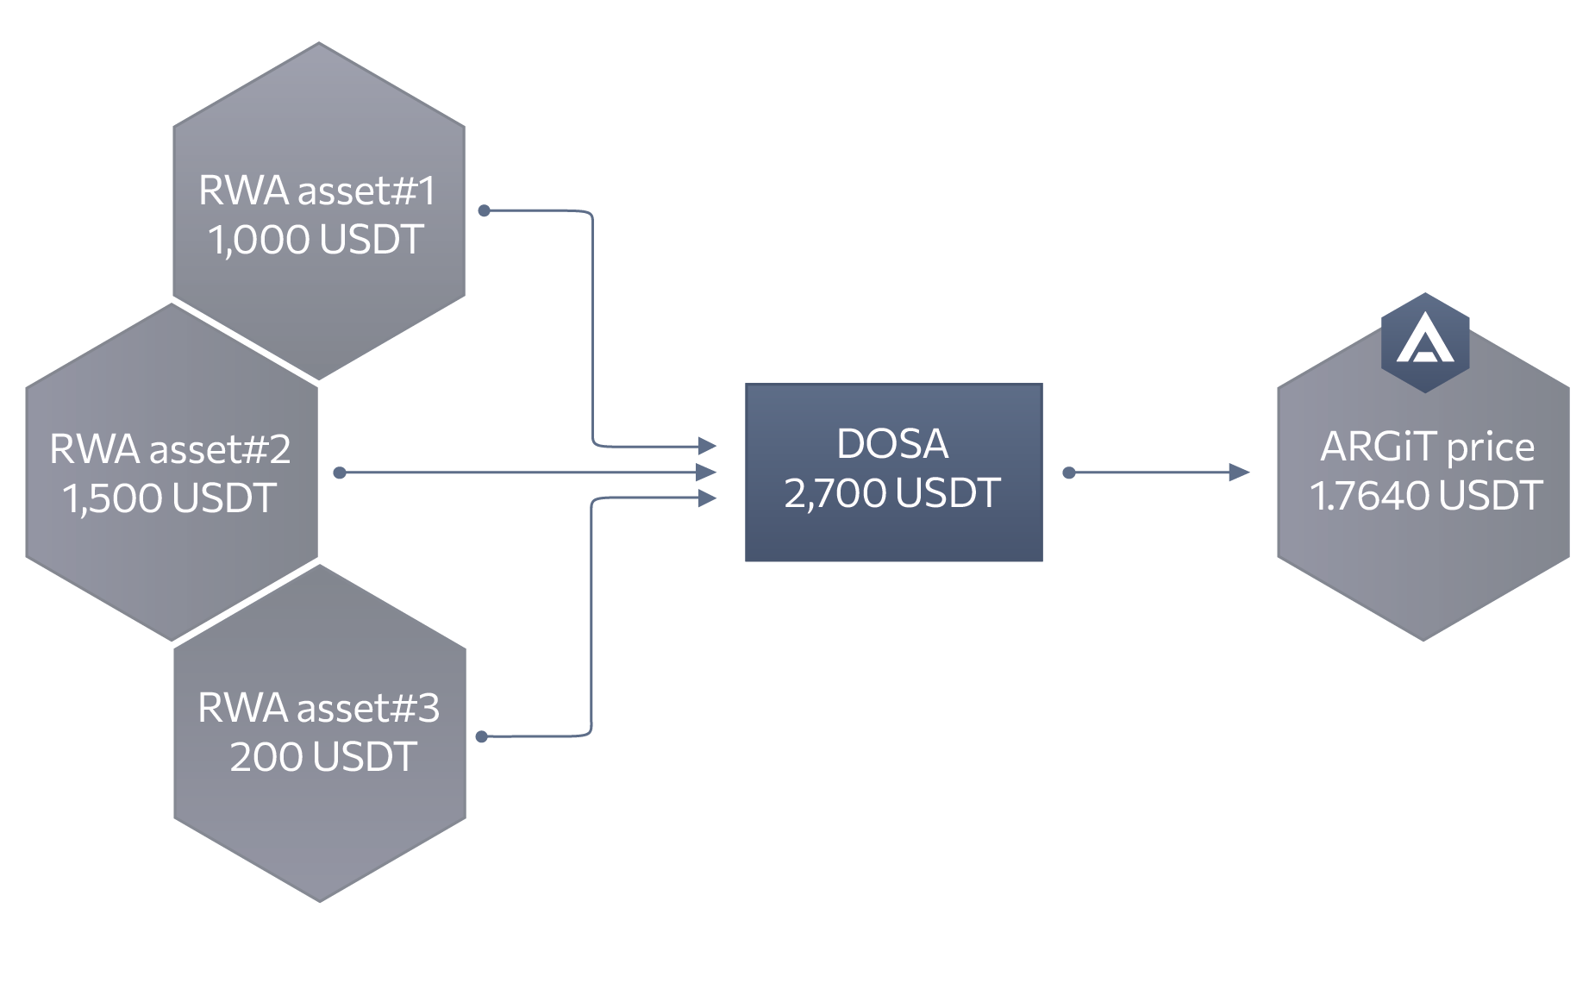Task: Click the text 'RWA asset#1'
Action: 316,191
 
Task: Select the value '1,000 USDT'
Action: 316,240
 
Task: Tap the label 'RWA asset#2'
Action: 170,449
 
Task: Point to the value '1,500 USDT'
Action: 170,498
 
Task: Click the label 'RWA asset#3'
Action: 318,708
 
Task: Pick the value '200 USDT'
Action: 323,757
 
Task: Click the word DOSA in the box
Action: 892,444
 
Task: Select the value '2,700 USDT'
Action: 892,493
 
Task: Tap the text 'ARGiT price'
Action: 1427,447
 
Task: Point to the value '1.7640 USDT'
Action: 1426,496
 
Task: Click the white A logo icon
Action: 1425,341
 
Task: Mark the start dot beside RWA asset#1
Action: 485,210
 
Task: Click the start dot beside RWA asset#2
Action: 340,473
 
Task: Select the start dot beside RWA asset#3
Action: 482,736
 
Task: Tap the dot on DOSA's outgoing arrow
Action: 1069,473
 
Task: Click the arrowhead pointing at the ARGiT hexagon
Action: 1239,473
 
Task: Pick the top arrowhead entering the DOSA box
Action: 708,446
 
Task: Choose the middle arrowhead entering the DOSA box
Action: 707,473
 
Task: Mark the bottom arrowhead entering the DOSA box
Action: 708,498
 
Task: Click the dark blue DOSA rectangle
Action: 893,535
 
